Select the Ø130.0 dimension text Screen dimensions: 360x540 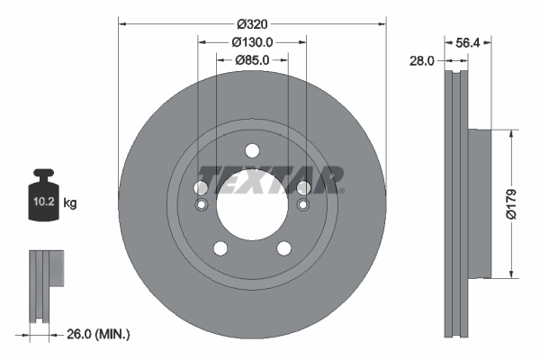pos(252,41)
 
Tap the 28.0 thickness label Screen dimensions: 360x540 pos(421,60)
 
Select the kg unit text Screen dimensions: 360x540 pos(70,203)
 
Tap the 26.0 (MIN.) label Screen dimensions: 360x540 pos(100,334)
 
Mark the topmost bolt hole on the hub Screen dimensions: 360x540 pos(252,150)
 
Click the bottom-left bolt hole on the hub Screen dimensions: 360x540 pos(220,248)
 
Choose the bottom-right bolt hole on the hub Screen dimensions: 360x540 pos(283,248)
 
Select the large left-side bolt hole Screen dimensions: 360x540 pos(201,187)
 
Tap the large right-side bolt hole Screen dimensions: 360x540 pos(303,187)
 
